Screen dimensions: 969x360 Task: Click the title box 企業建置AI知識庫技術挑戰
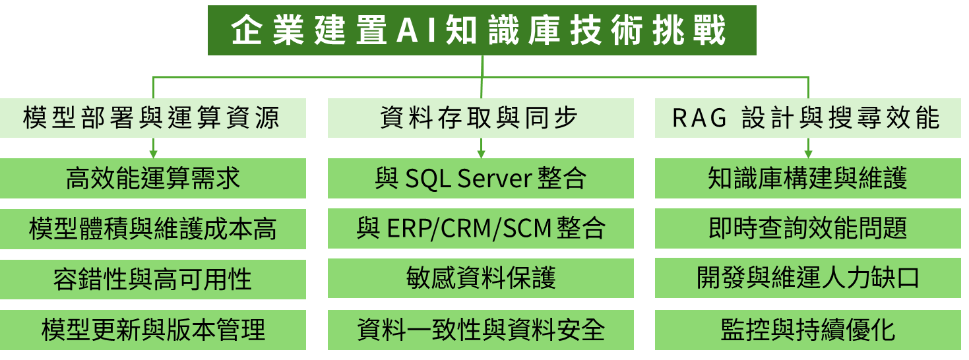(x=482, y=30)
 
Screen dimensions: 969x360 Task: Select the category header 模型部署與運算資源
(x=152, y=118)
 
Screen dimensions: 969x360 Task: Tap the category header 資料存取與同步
(x=481, y=118)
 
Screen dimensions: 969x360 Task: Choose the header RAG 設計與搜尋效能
(x=807, y=118)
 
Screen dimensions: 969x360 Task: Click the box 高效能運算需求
(x=152, y=178)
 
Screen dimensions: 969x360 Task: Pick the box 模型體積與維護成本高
(x=152, y=229)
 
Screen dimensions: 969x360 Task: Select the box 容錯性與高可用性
(x=152, y=279)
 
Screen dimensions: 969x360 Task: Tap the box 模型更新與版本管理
(x=152, y=330)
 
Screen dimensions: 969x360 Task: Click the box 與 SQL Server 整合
(x=481, y=178)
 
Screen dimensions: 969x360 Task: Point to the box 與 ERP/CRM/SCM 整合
(x=481, y=228)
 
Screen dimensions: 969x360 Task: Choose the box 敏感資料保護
(x=481, y=278)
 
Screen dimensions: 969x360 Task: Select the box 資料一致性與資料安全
(x=481, y=330)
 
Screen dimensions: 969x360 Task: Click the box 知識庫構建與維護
(x=807, y=178)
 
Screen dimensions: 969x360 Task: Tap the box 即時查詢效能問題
(x=807, y=228)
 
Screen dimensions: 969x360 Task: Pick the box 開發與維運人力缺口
(x=807, y=278)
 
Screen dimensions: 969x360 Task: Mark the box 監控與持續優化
(x=807, y=330)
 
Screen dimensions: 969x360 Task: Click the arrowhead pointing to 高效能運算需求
(x=153, y=154)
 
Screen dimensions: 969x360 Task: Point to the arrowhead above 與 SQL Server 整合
(x=481, y=154)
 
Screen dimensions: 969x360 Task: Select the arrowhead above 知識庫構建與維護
(x=808, y=154)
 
